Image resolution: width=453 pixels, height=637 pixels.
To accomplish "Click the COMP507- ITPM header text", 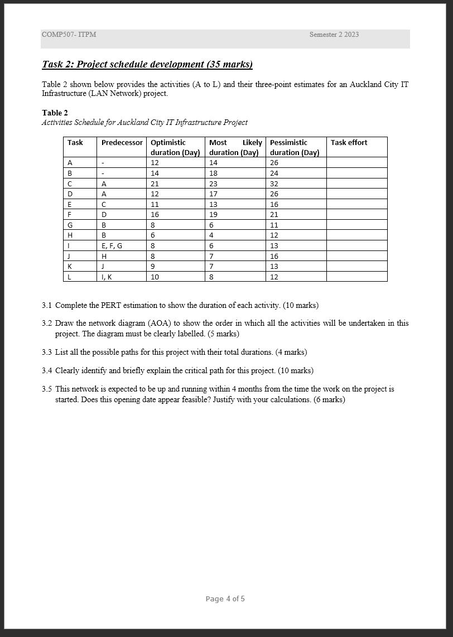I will pos(69,35).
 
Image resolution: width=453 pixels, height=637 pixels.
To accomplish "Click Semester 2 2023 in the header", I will pos(334,35).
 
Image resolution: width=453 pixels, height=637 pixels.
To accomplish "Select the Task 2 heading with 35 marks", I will pos(147,64).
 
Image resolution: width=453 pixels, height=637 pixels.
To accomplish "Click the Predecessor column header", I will pos(122,143).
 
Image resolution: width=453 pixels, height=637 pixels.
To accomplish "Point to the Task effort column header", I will pos(349,143).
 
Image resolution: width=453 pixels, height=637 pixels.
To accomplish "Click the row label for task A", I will pos(70,163).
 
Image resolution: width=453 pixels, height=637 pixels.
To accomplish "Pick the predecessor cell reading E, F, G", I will pos(112,245).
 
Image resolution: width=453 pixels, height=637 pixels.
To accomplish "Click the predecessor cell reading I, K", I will pos(107,277).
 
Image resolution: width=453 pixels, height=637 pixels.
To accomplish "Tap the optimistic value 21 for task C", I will pos(155,184).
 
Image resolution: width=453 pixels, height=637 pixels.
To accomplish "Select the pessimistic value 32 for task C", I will pos(274,184).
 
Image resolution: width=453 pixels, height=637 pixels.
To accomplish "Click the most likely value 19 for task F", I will pos(213,214).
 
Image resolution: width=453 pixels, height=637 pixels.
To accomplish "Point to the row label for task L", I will pos(69,277).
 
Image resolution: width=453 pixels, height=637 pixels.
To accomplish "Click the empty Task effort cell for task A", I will pos(356,163).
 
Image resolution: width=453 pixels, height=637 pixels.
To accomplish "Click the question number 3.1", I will pos(47,305).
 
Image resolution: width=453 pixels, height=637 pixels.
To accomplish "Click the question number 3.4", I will pos(47,370).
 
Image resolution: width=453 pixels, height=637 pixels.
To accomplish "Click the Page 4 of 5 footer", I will pos(225,599).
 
